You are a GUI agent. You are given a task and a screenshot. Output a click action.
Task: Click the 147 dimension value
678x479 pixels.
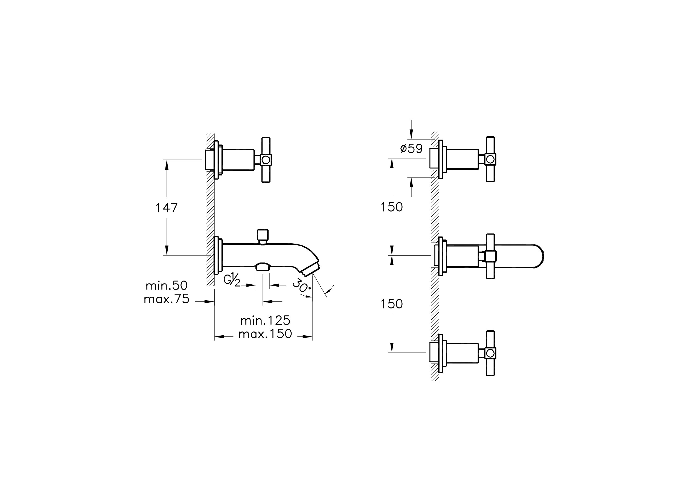coord(166,208)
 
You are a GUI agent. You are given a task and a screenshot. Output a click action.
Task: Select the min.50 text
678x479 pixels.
coord(167,285)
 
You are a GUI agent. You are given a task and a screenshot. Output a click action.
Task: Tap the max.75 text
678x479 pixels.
coord(166,299)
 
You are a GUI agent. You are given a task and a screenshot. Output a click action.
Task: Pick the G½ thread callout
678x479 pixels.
coord(232,279)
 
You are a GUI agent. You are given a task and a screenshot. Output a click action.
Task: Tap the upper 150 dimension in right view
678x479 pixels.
coord(392,207)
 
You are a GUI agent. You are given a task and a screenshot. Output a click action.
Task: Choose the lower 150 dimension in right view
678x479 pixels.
coord(392,304)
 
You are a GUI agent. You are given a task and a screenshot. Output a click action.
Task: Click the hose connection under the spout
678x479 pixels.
coord(263,267)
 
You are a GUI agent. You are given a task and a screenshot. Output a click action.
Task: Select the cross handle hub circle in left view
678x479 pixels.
coord(266,160)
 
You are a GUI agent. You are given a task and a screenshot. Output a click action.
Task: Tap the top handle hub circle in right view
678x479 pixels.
coord(490,160)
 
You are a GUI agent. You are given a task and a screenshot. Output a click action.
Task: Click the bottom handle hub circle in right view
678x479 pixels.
coord(490,353)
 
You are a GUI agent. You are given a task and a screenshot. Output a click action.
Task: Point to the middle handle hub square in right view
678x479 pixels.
coord(490,256)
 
